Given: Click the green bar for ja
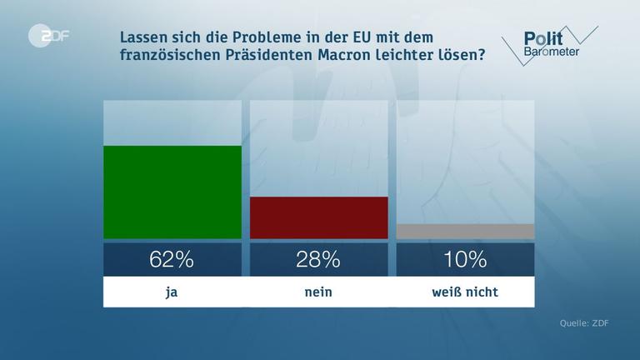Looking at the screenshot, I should coord(172,192).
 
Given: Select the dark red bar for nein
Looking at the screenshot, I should coord(318,218).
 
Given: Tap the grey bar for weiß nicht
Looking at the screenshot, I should coord(465,232).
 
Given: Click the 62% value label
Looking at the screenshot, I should coord(172,259).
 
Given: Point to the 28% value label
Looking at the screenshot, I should coord(318,259).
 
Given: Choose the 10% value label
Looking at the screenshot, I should coord(465,259).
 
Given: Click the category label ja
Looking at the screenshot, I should coord(172,292).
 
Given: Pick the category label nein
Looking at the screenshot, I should coord(318,292).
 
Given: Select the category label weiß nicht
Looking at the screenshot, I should coord(465,292).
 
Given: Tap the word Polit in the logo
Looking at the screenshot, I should coord(542,38).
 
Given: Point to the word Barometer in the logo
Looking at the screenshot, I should coord(552,52).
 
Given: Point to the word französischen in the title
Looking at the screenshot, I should coord(169,56).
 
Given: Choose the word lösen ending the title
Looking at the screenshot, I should coord(464,56).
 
